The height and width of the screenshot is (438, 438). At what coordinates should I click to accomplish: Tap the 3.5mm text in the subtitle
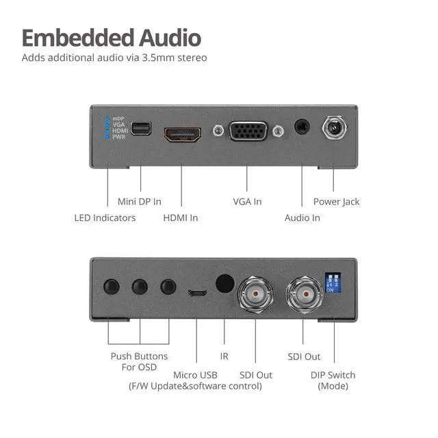[159, 57]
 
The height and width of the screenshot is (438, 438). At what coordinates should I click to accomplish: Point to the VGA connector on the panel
[247, 131]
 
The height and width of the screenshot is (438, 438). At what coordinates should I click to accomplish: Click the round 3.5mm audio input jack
[301, 127]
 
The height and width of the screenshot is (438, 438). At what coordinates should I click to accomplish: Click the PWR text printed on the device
[119, 137]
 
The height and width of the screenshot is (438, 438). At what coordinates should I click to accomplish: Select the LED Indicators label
[105, 218]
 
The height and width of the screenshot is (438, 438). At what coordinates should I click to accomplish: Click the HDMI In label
[181, 218]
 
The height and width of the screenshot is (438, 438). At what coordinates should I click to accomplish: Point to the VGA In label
[247, 202]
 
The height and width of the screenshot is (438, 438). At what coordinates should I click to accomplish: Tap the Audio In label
[302, 218]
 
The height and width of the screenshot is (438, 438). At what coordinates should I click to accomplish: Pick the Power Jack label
[336, 202]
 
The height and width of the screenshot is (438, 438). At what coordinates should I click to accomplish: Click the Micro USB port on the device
[196, 294]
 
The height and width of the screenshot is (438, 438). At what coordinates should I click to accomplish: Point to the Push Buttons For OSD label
[139, 361]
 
